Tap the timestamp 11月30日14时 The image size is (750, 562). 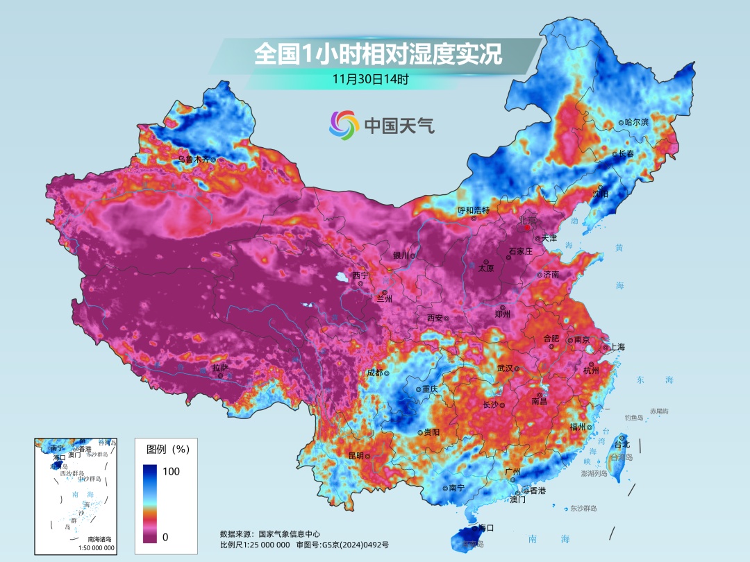pyautogui.click(x=369, y=79)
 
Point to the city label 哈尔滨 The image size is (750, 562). pyautogui.click(x=636, y=122)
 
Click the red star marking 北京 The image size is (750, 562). pyautogui.click(x=527, y=227)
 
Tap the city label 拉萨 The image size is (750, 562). pyautogui.click(x=219, y=368)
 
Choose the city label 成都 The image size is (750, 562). pyautogui.click(x=374, y=373)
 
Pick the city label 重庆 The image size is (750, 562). pyautogui.click(x=431, y=389)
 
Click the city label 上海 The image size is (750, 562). pyautogui.click(x=616, y=347)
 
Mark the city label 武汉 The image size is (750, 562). pyautogui.click(x=504, y=368)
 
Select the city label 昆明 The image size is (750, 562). pyautogui.click(x=356, y=455)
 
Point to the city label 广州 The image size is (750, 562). pyautogui.click(x=513, y=472)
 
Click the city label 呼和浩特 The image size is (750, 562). pyautogui.click(x=474, y=210)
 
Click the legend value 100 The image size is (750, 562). pyautogui.click(x=171, y=472)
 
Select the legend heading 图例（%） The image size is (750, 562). pyautogui.click(x=167, y=449)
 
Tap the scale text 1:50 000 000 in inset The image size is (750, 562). pyautogui.click(x=90, y=548)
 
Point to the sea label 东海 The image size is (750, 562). pyautogui.click(x=654, y=380)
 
